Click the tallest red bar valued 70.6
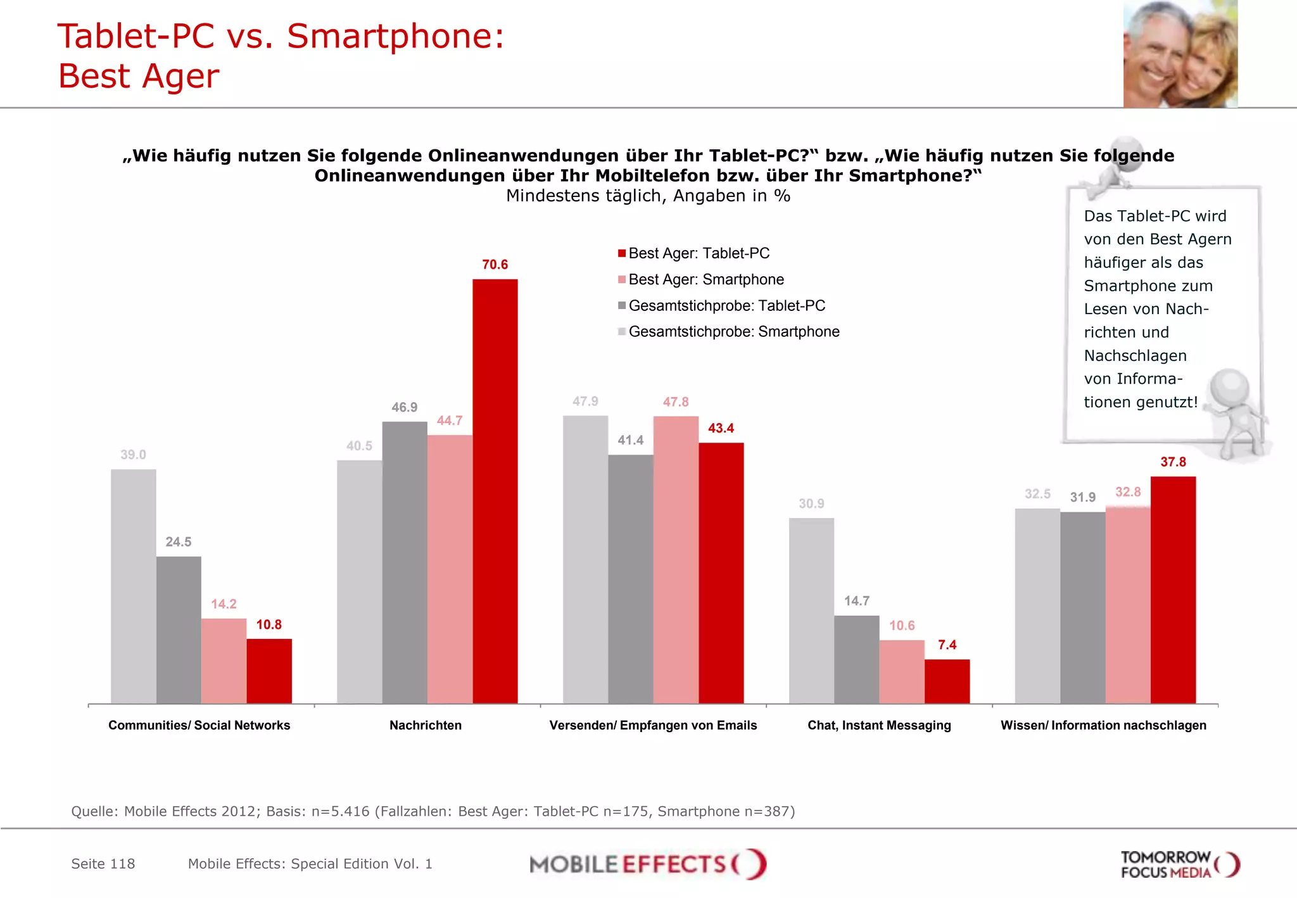pyautogui.click(x=495, y=491)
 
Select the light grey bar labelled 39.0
pyautogui.click(x=133, y=586)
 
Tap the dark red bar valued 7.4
pyautogui.click(x=947, y=681)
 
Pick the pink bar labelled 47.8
pyautogui.click(x=676, y=559)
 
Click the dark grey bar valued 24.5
pyautogui.click(x=179, y=629)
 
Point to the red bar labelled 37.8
pyautogui.click(x=1173, y=590)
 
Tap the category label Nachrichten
pyautogui.click(x=426, y=725)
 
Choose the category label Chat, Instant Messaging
pyautogui.click(x=879, y=725)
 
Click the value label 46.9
pyautogui.click(x=404, y=407)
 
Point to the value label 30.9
pyautogui.click(x=811, y=503)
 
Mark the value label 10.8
pyautogui.click(x=269, y=624)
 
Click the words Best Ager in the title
pyautogui.click(x=138, y=76)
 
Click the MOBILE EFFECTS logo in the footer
pyautogui.click(x=647, y=864)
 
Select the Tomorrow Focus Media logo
pyautogui.click(x=1179, y=864)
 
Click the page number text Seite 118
pyautogui.click(x=103, y=864)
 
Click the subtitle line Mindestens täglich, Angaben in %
pyautogui.click(x=648, y=196)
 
